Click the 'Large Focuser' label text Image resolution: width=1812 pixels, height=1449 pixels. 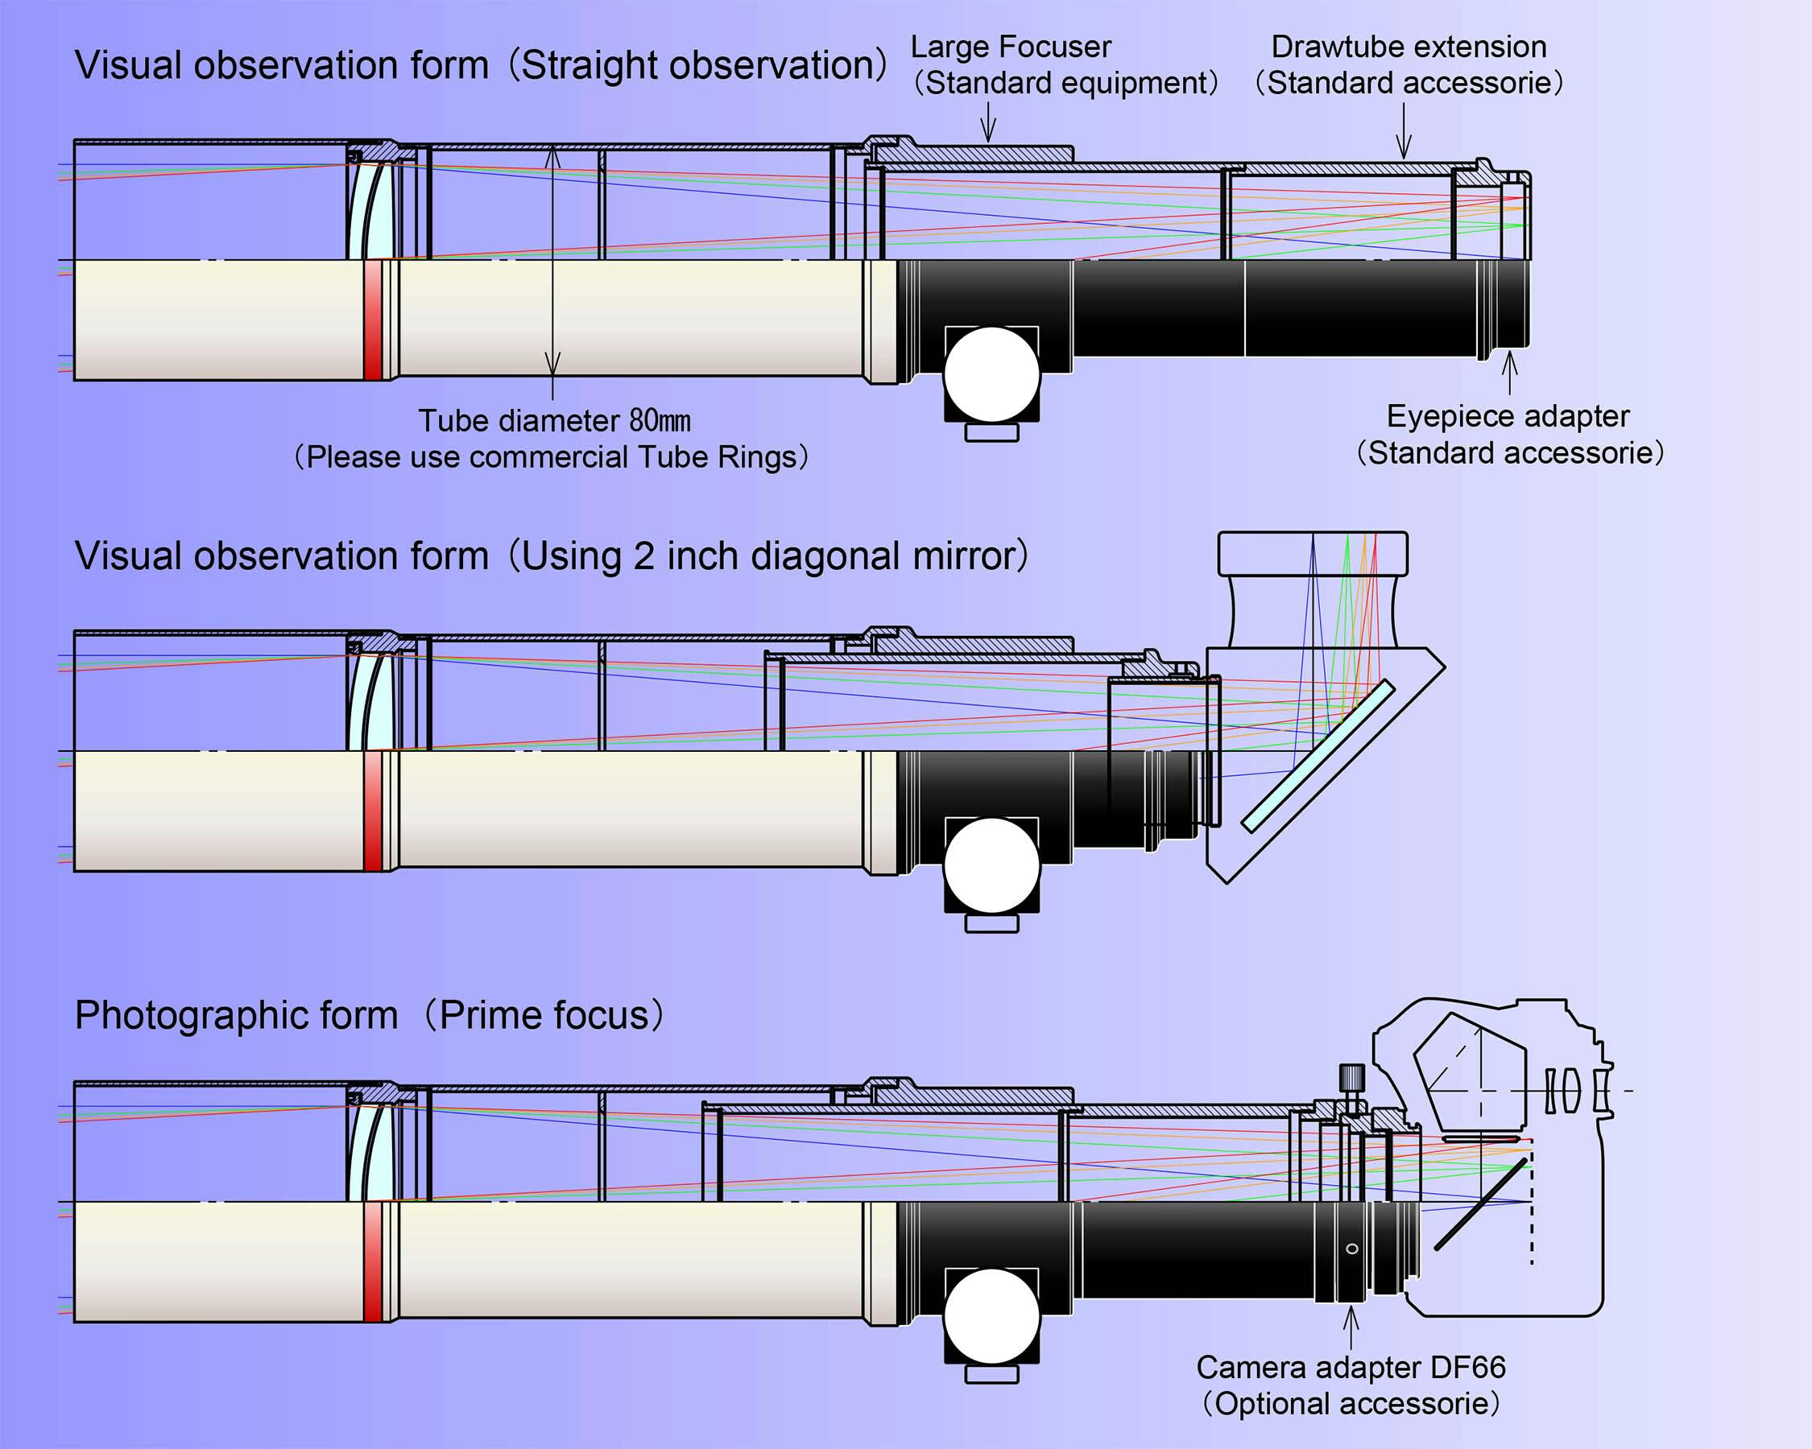click(1010, 47)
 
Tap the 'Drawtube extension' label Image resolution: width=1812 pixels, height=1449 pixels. click(1409, 47)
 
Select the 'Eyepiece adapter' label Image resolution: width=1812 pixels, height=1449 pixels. click(1508, 417)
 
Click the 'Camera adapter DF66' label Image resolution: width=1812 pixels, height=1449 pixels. click(1351, 1368)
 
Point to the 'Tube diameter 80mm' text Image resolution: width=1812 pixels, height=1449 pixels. click(554, 421)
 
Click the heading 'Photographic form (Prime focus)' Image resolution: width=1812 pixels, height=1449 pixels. click(370, 1016)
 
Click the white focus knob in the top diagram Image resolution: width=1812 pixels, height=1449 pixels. click(991, 374)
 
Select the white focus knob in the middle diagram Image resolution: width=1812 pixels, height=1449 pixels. click(991, 866)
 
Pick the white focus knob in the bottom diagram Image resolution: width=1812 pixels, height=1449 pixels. click(991, 1316)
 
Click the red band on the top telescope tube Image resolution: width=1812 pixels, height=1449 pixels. click(372, 320)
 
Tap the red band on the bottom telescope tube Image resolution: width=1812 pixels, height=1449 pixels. click(372, 1261)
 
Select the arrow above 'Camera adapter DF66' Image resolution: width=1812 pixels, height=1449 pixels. click(1351, 1327)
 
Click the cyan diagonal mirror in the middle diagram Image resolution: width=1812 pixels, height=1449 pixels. click(1317, 757)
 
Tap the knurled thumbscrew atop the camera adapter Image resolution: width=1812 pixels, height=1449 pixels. click(1351, 1077)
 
